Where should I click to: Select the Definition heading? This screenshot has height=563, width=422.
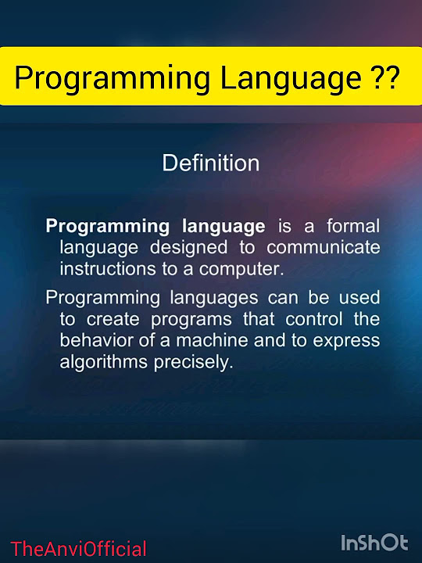210,163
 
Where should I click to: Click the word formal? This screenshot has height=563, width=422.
352,227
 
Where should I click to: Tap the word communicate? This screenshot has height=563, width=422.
324,248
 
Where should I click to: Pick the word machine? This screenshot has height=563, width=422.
213,341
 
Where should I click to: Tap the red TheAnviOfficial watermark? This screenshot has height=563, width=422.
79,549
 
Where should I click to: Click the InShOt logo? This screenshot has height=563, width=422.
374,543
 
